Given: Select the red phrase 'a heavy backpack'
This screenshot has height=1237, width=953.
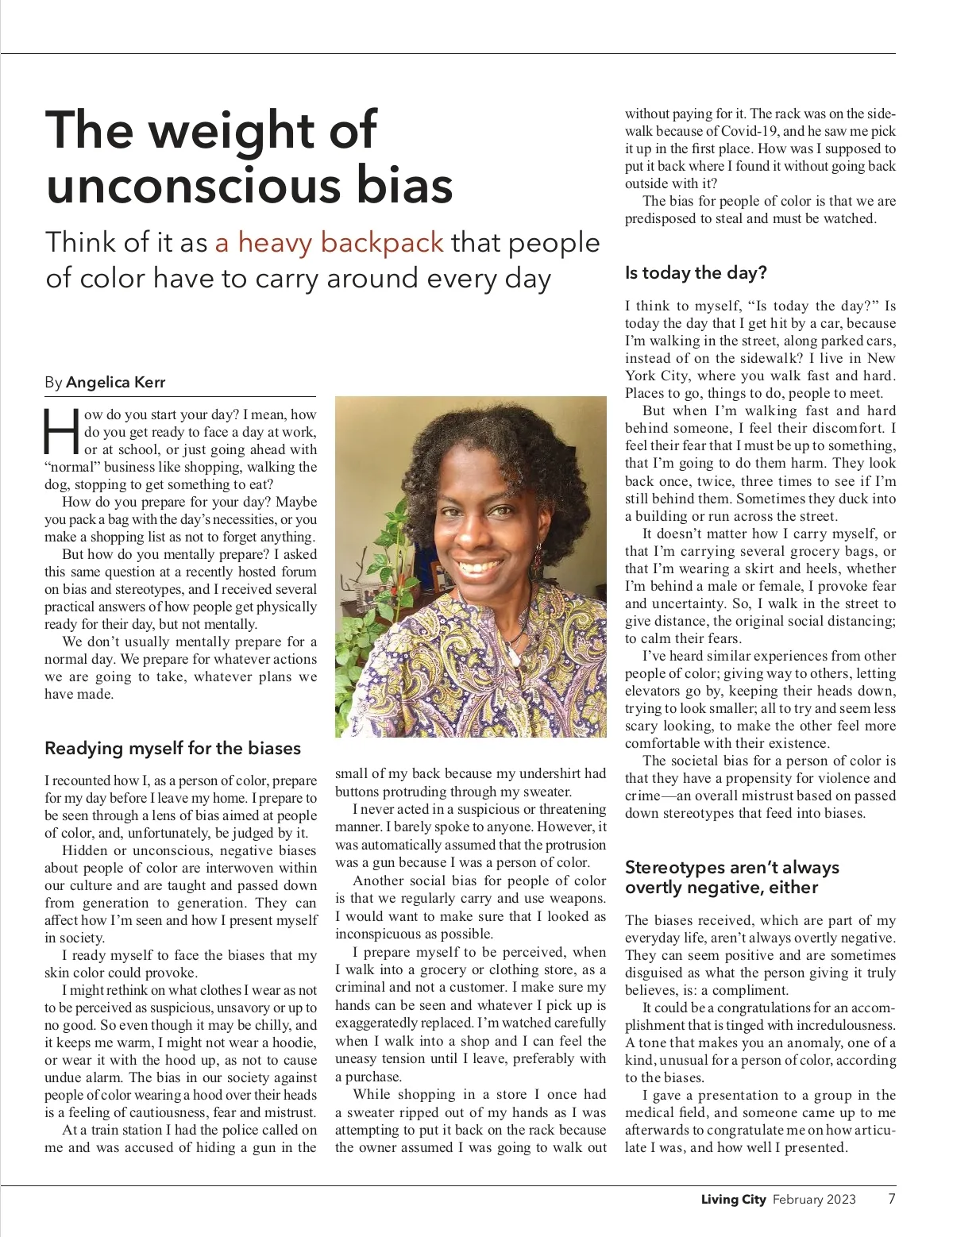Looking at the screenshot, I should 329,242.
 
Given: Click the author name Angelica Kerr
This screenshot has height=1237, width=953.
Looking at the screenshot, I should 116,382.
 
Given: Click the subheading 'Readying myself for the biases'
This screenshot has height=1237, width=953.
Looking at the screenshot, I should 172,748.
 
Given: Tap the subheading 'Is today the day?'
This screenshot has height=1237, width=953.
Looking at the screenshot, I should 696,273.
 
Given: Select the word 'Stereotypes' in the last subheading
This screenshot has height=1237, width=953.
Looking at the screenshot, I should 671,867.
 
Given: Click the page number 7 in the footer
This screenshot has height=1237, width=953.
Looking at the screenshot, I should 892,1199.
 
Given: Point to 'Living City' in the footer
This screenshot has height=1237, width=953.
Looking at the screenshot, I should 733,1200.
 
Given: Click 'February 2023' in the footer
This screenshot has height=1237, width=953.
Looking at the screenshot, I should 814,1200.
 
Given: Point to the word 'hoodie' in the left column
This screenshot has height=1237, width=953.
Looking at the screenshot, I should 294,1042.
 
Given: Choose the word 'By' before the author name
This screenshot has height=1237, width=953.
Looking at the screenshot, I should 53,382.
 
